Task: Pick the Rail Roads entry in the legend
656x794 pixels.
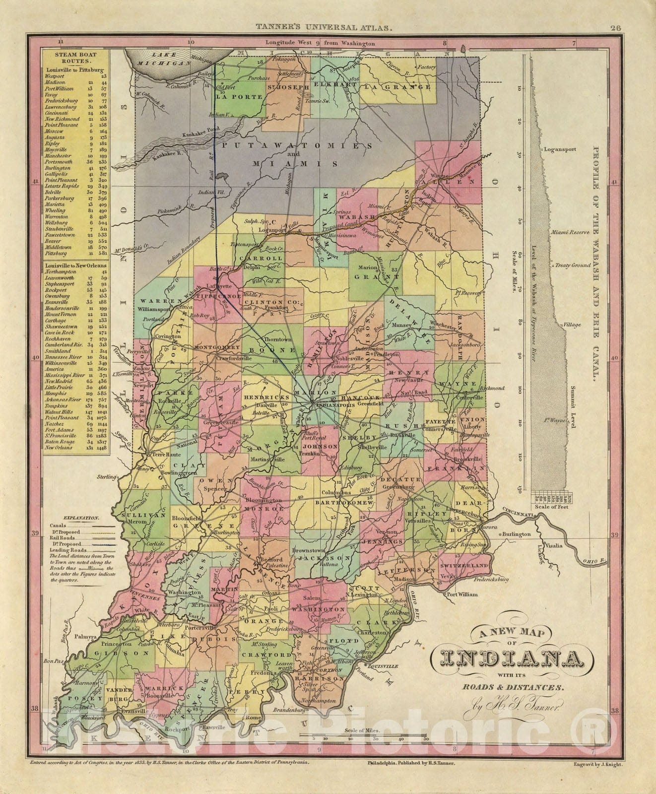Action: tap(62, 537)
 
